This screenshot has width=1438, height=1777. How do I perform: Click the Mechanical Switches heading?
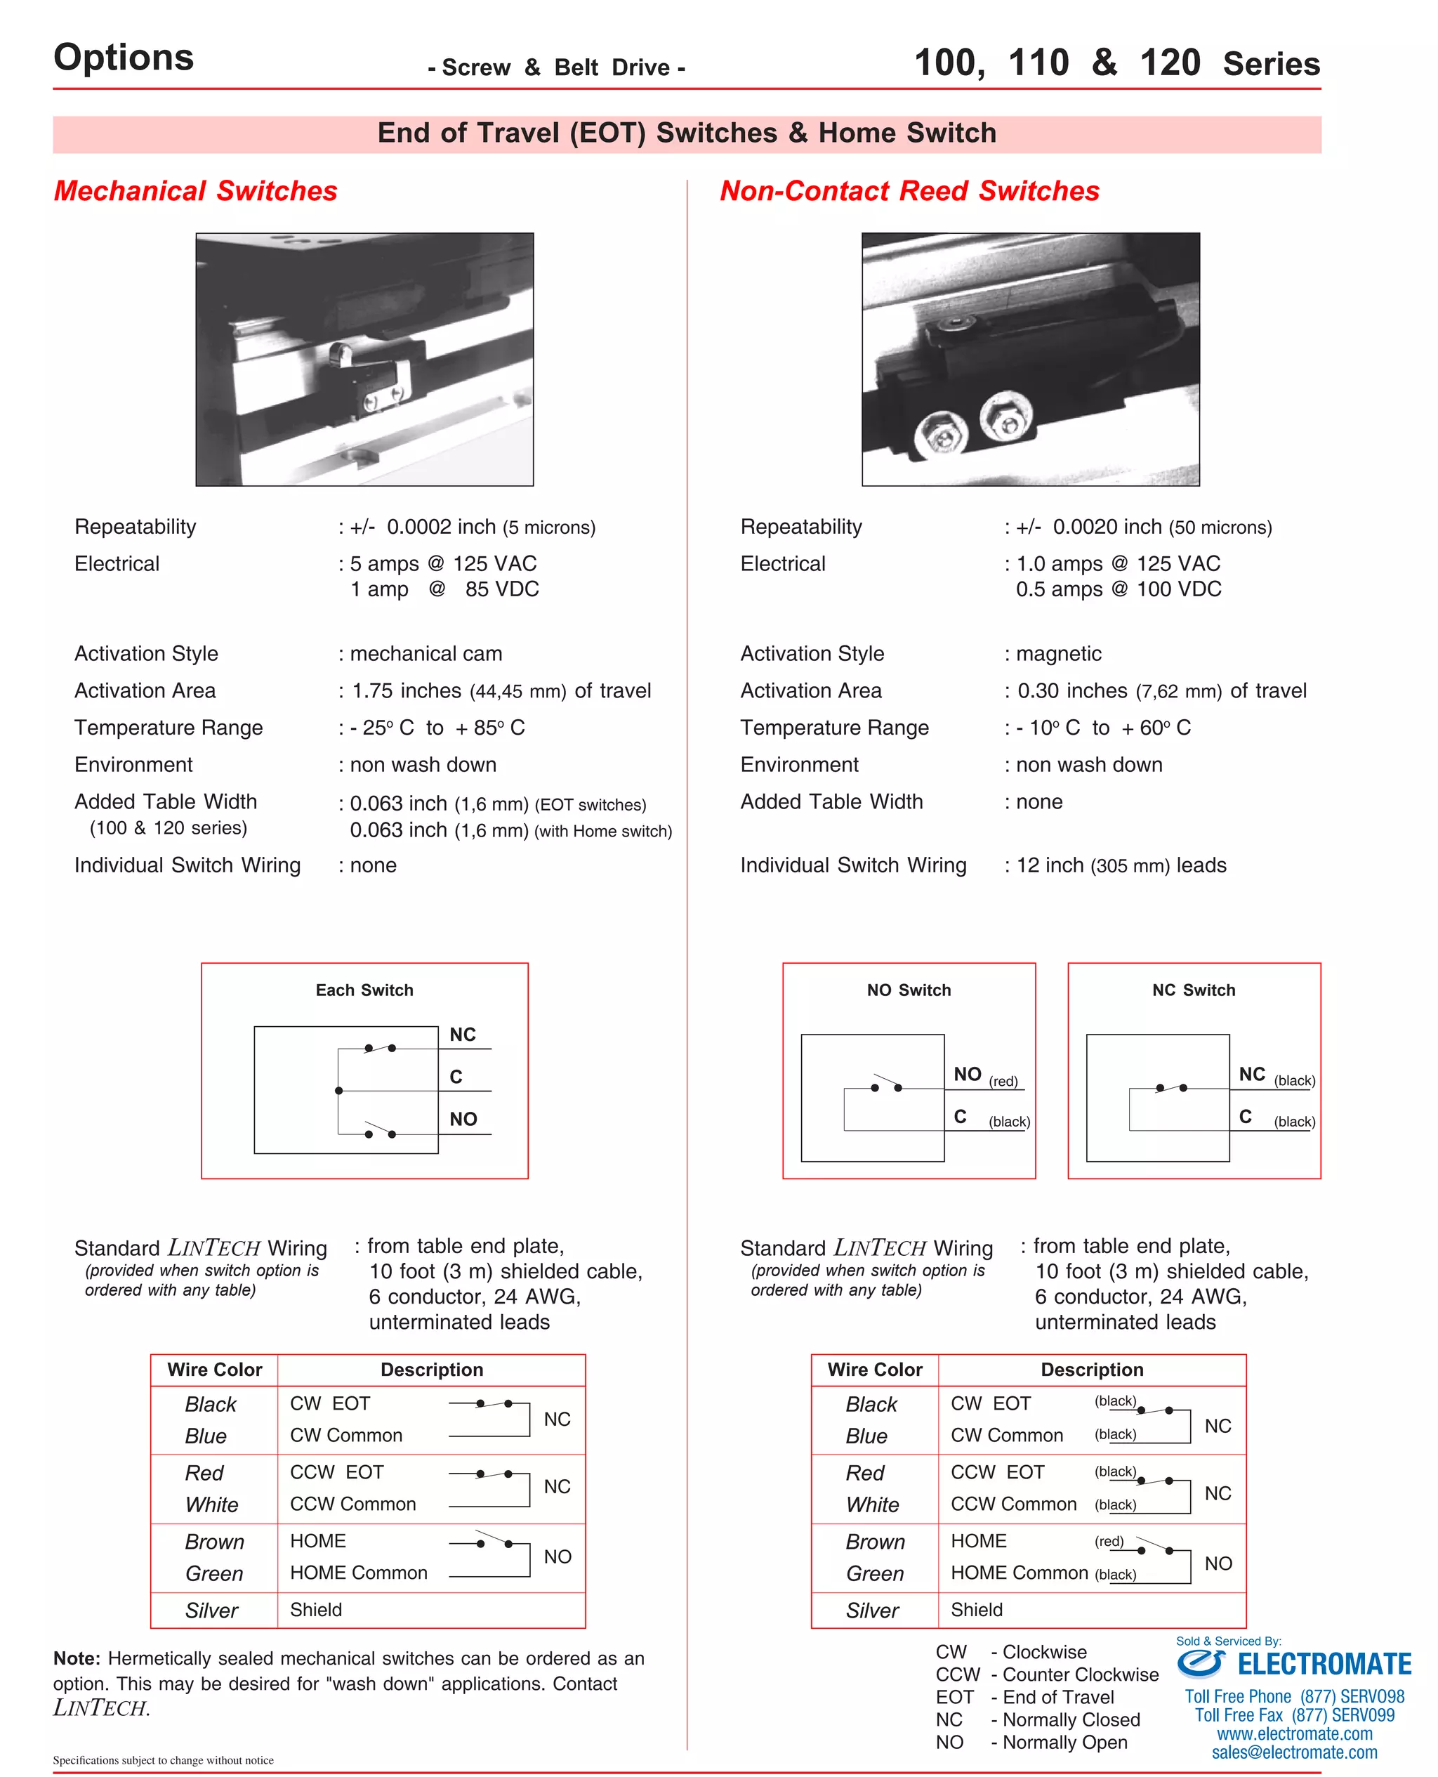pos(195,190)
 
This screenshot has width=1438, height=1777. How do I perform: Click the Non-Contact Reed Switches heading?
pos(909,190)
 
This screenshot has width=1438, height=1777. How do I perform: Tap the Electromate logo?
pos(1294,1663)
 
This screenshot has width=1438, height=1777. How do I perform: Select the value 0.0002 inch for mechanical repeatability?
pos(441,527)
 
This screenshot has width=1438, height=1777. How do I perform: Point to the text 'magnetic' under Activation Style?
pos(1058,654)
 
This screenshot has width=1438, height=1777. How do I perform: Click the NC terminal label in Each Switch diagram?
pos(462,1034)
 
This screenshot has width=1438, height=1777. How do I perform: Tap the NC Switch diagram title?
pos(1193,990)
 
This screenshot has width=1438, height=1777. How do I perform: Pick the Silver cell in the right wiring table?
pos(872,1611)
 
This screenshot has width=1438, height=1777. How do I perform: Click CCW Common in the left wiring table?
pos(353,1504)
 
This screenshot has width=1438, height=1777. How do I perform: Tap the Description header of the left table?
pos(432,1370)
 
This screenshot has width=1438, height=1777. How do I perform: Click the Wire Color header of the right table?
pos(875,1370)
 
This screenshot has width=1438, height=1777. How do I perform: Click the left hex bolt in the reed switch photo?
pos(941,435)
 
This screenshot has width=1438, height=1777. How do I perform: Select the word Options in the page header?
pos(124,57)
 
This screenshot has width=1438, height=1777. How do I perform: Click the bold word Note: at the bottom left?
pos(77,1658)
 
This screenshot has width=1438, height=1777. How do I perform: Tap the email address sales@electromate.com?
pos(1294,1752)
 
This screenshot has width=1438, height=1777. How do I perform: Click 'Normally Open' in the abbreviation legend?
pos(1064,1742)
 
